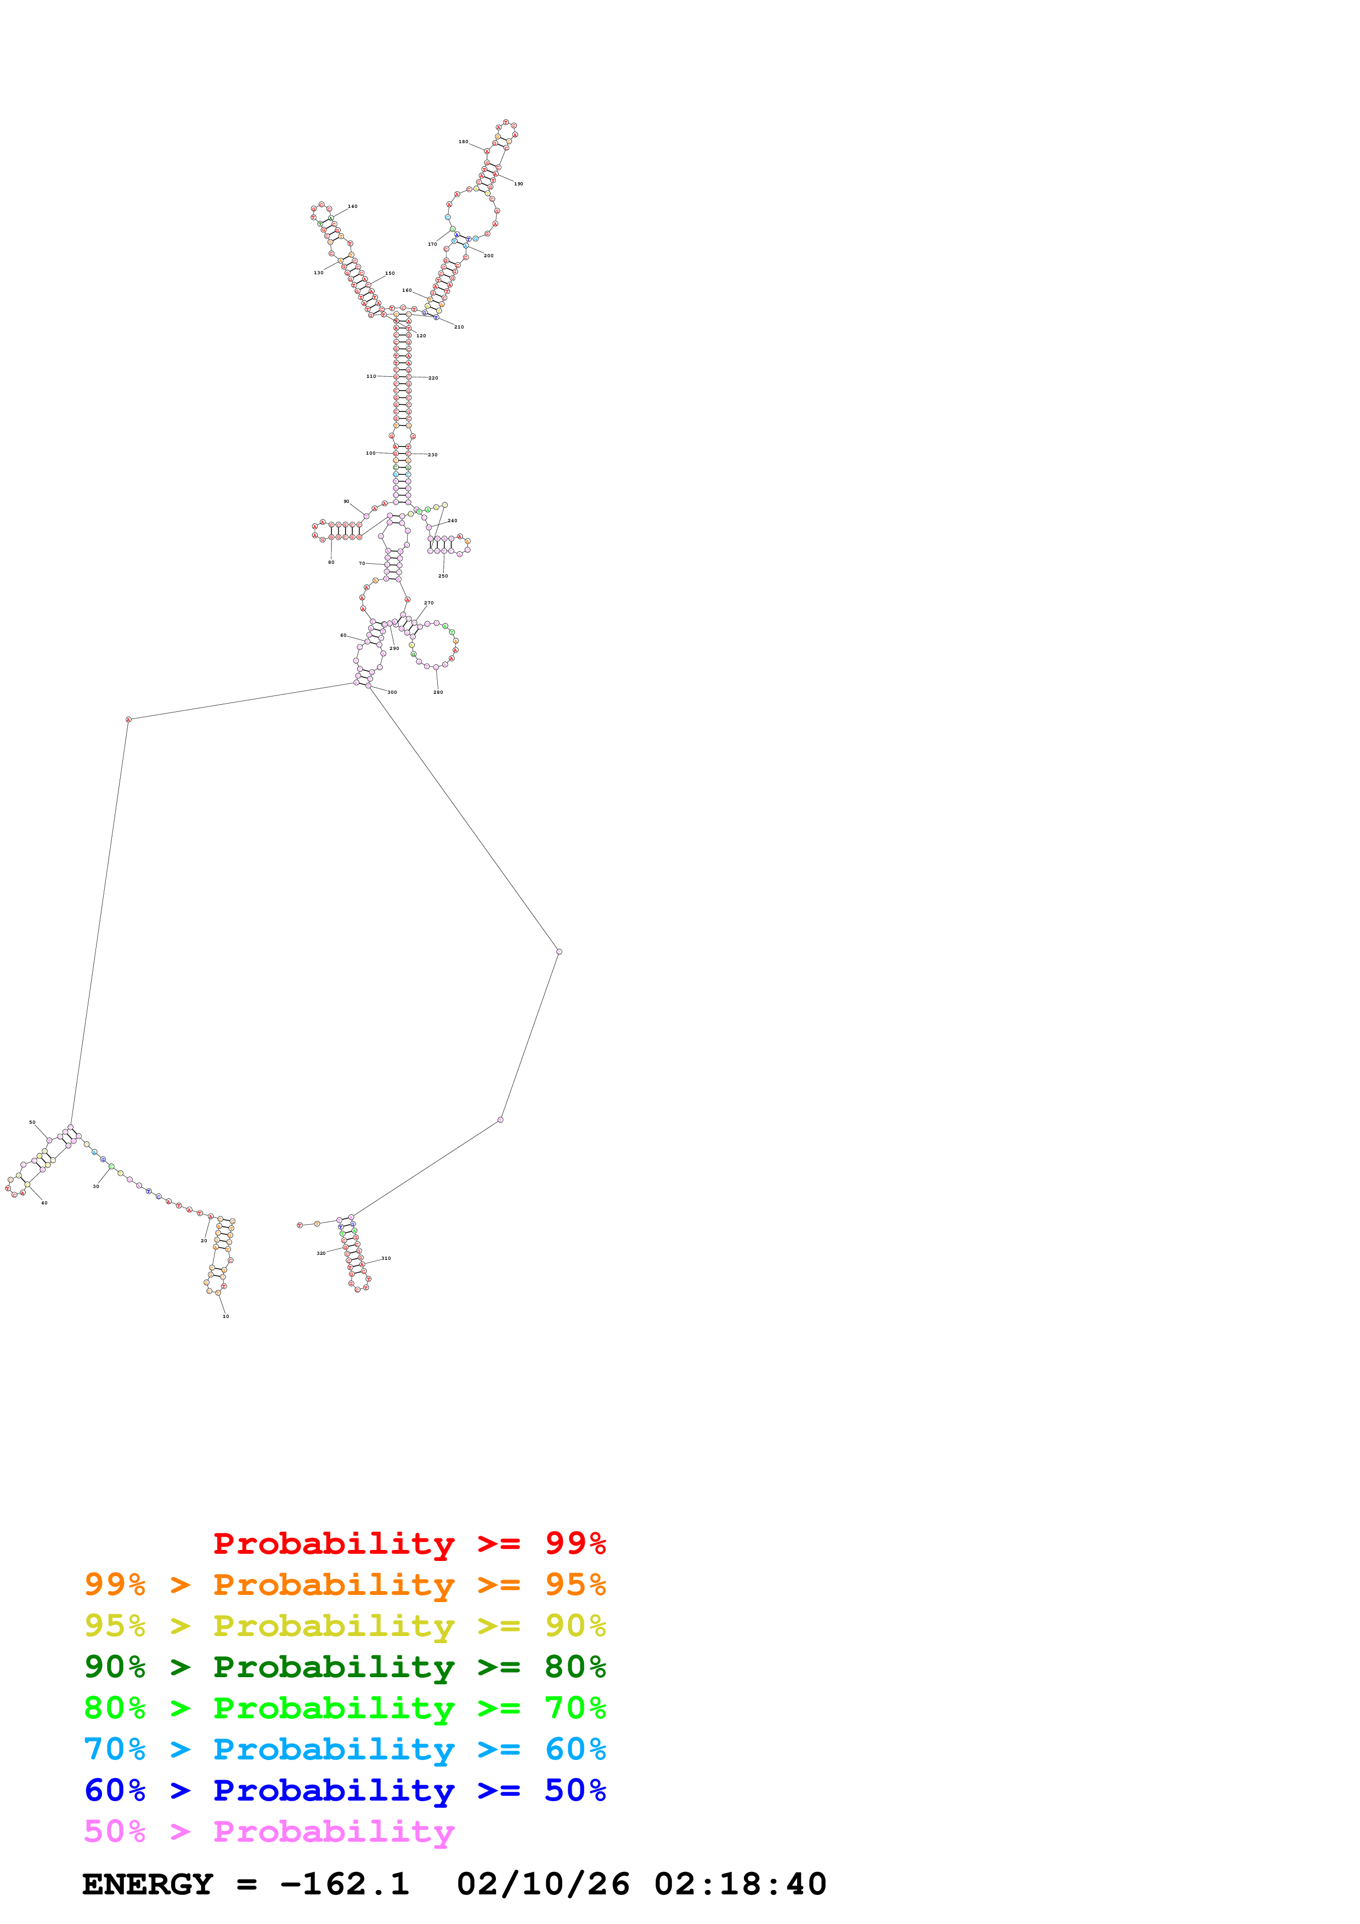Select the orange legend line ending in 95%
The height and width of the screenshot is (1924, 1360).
[x=345, y=1585]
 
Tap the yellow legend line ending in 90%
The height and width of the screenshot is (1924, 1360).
[x=345, y=1626]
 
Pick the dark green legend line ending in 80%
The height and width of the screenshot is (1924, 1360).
[x=345, y=1667]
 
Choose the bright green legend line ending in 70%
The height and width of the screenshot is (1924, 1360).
[x=345, y=1708]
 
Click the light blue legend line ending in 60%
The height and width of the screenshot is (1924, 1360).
[x=345, y=1749]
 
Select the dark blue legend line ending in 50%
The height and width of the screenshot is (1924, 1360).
[x=345, y=1790]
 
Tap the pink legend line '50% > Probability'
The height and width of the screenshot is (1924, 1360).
[x=269, y=1831]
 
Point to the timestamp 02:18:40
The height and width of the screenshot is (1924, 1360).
[x=740, y=1884]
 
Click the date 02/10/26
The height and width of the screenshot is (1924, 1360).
[x=543, y=1884]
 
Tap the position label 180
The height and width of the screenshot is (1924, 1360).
[x=464, y=142]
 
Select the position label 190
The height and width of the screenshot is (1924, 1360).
[x=518, y=184]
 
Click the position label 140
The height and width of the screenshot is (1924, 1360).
[x=353, y=206]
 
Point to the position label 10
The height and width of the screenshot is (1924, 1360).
[x=225, y=1316]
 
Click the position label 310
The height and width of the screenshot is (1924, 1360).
[x=386, y=1258]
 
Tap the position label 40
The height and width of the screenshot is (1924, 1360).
[x=44, y=1202]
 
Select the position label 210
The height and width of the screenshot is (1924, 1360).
[x=459, y=327]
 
